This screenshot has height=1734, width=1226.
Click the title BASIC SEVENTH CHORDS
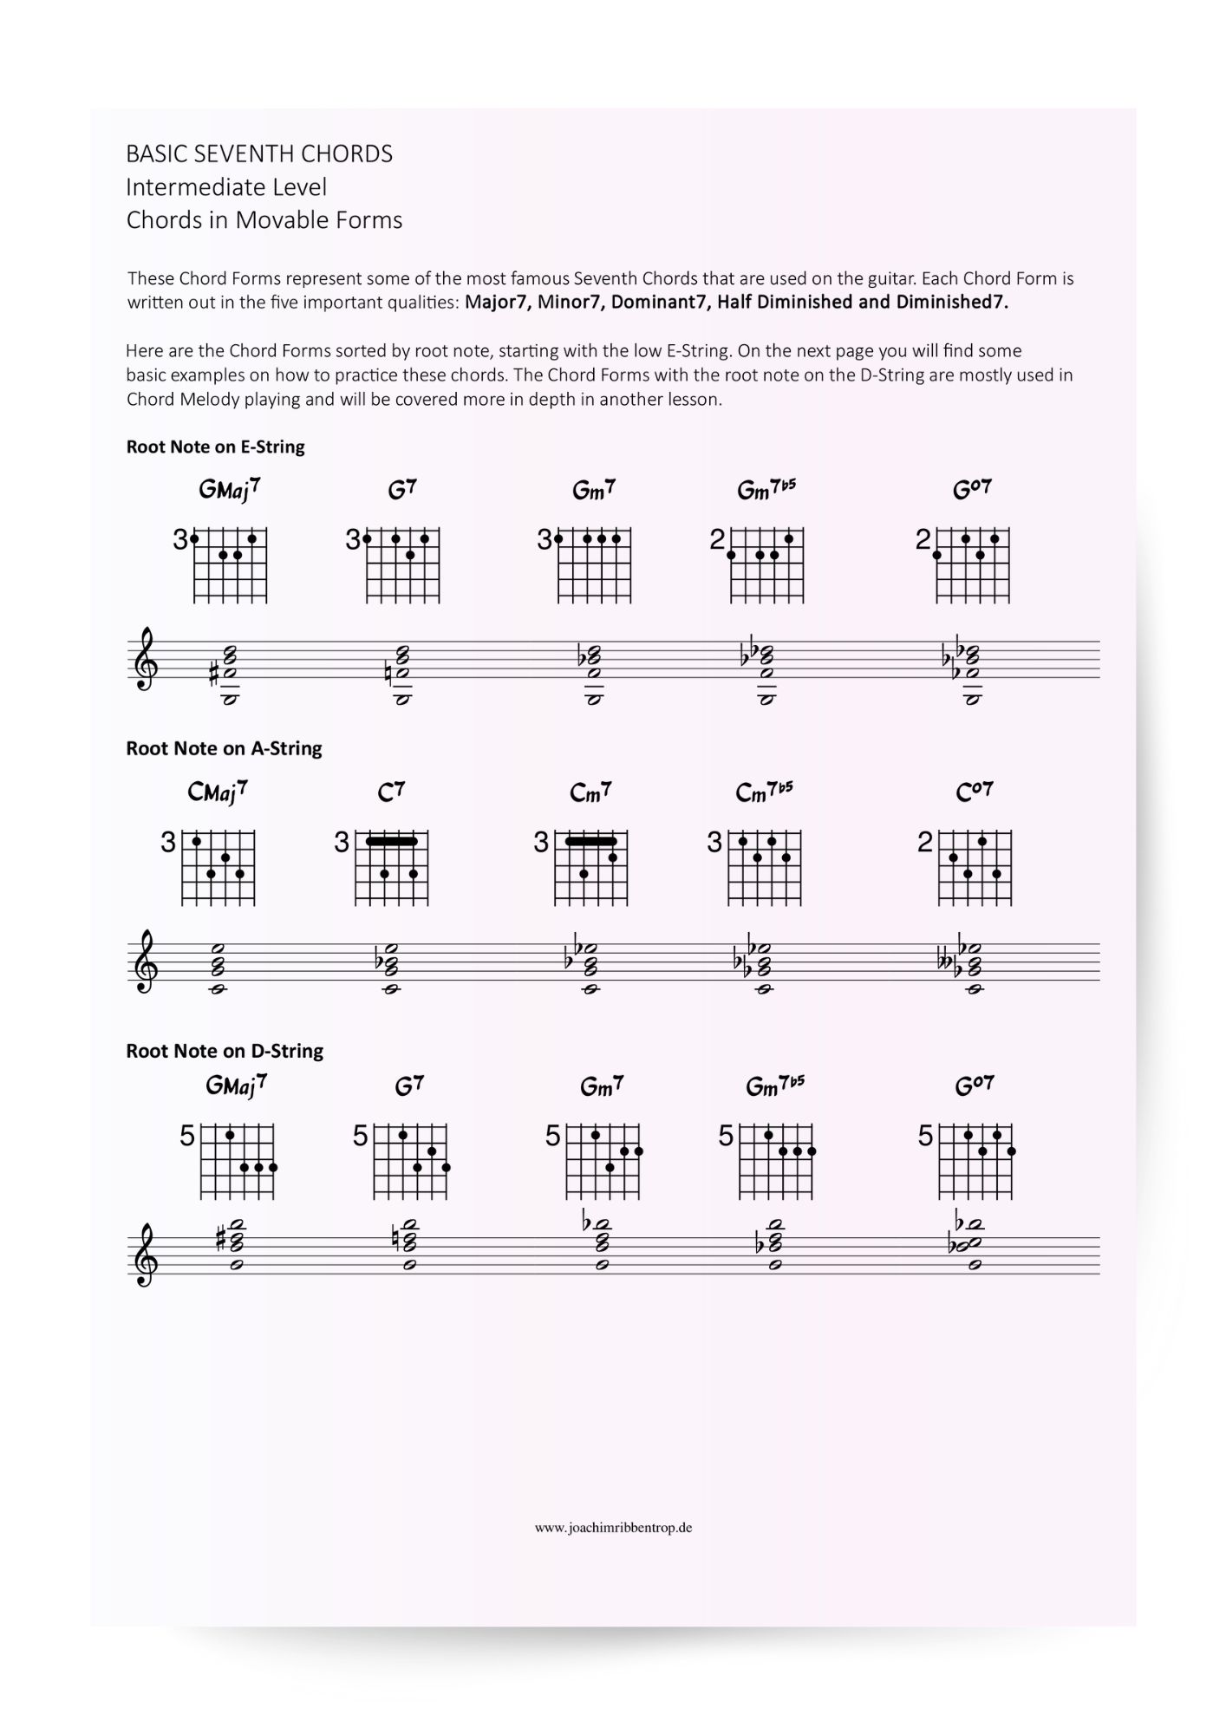pos(259,154)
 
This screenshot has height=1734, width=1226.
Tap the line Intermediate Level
pos(226,187)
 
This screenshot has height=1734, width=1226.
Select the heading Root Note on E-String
pos(215,447)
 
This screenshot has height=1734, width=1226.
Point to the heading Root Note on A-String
pos(224,748)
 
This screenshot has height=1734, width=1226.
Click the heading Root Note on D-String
pos(225,1051)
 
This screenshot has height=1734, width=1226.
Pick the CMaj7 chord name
pos(218,792)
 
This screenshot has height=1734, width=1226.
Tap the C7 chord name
pos(391,792)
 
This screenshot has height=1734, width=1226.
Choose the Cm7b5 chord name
pos(764,792)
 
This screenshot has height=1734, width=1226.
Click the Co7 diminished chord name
pos(974,792)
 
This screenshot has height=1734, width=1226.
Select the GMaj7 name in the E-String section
pos(229,491)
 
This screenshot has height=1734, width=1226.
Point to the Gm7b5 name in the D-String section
pos(774,1086)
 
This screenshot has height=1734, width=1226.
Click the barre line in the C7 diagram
pos(392,841)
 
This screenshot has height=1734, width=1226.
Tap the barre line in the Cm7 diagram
pos(590,841)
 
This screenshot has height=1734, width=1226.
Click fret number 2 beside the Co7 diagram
pos(924,843)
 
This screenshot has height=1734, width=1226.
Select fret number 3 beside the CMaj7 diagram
pos(167,843)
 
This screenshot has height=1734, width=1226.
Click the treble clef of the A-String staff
pos(144,962)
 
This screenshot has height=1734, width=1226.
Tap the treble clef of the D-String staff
pos(144,1255)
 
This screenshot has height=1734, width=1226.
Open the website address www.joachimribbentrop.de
pos(613,1528)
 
